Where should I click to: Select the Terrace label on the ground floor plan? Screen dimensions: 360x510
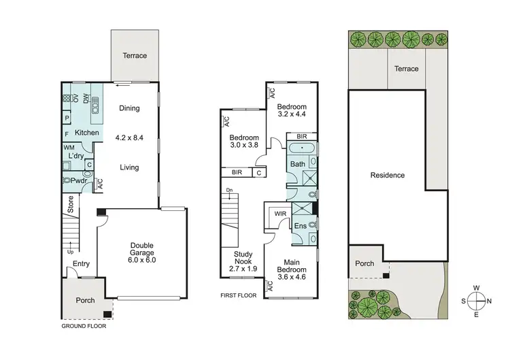point(135,55)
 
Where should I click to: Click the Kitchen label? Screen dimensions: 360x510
point(87,132)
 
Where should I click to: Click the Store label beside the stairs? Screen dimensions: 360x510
point(70,203)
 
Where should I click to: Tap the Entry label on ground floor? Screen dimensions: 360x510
point(81,264)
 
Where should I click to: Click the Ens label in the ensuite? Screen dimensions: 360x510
point(300,226)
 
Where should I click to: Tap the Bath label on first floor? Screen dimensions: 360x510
point(297,164)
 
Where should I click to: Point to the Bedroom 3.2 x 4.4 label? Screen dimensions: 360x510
point(292,111)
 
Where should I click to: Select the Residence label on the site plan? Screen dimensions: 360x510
point(387,175)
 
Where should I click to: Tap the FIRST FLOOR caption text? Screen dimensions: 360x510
point(239,296)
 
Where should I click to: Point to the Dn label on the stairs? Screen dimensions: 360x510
point(229,191)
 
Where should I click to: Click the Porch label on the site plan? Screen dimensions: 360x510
point(364,263)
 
